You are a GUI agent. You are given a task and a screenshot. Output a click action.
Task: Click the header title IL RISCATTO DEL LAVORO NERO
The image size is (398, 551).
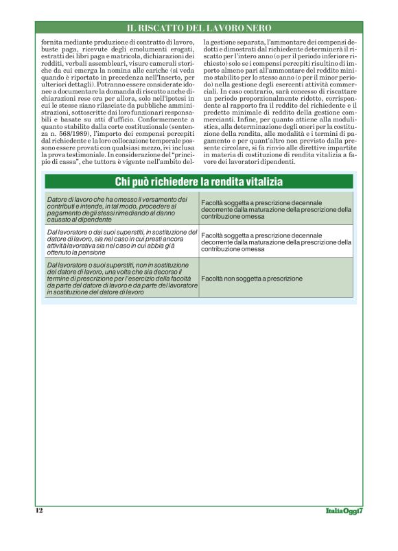[199, 28]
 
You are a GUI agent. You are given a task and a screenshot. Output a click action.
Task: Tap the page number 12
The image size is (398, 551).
[39, 511]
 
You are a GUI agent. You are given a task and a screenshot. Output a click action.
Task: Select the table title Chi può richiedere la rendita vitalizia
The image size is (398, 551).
[199, 182]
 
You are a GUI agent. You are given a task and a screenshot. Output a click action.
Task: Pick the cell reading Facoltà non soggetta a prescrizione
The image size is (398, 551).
[251, 279]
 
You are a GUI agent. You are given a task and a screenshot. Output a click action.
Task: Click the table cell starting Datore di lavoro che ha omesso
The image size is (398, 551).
[121, 209]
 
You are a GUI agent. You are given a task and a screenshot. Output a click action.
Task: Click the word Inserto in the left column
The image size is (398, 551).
[167, 84]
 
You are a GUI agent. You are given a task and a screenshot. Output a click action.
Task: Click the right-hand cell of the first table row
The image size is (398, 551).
[276, 209]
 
